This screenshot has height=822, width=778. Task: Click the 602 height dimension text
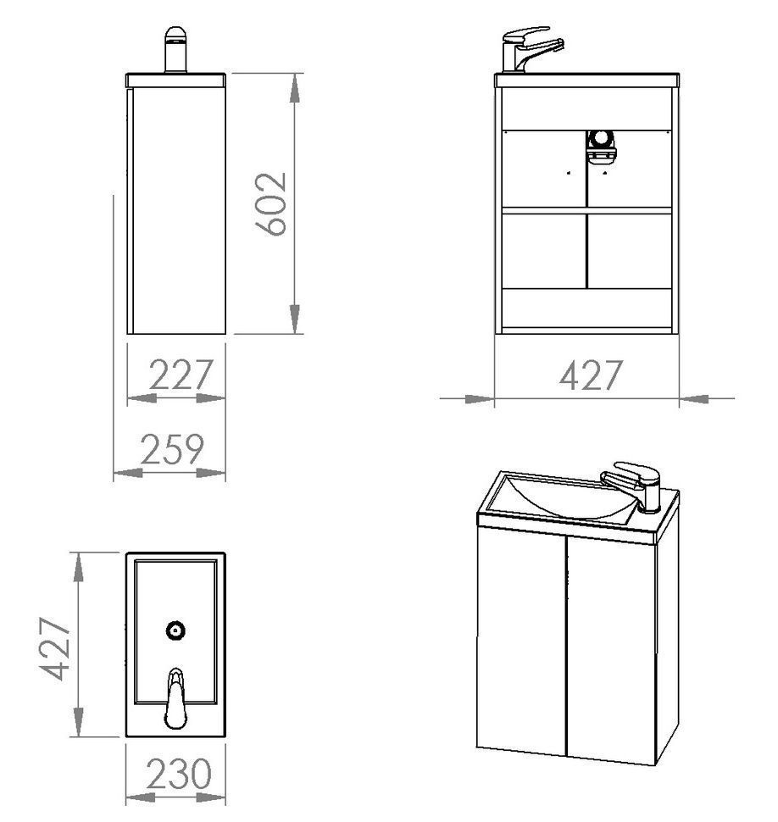click(x=270, y=204)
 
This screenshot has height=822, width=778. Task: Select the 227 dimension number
click(x=181, y=375)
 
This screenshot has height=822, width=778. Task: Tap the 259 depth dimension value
click(x=172, y=449)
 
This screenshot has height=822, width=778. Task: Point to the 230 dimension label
click(x=179, y=773)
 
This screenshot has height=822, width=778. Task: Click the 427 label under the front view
click(x=591, y=375)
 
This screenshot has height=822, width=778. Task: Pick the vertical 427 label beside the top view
click(x=55, y=648)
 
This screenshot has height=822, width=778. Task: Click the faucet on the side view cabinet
click(x=175, y=49)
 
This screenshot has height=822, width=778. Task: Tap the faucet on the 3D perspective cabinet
click(x=633, y=486)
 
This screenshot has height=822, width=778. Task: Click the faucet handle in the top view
click(x=175, y=697)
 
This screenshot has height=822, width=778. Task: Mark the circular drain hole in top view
click(x=175, y=630)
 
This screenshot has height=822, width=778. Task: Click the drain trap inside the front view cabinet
click(x=601, y=147)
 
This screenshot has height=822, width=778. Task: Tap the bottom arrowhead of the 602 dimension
click(x=295, y=319)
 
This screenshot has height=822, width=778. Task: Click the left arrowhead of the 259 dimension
click(x=128, y=473)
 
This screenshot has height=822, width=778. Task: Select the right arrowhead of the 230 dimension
click(x=211, y=797)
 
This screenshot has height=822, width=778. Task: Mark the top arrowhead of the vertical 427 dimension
click(x=78, y=567)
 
